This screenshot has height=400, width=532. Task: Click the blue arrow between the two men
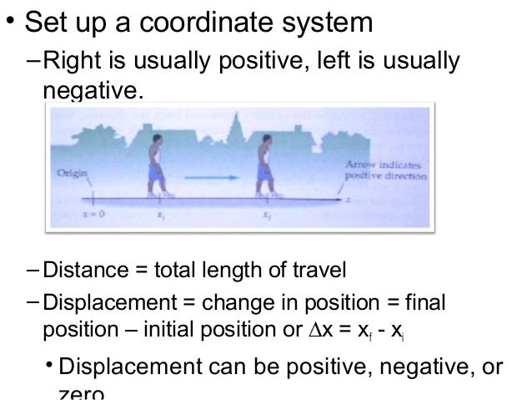pos(209,176)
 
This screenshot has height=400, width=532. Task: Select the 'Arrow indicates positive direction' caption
pos(385,171)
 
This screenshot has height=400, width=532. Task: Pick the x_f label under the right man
pos(266,216)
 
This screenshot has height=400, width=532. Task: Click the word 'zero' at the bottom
pos(80,392)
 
